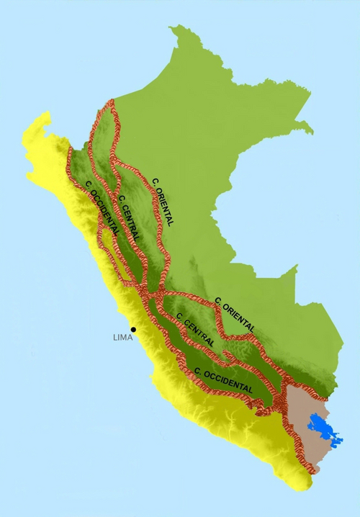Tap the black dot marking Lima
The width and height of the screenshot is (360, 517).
132,329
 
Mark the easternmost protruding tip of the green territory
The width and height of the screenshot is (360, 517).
311,132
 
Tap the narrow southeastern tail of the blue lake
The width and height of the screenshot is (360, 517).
338,441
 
